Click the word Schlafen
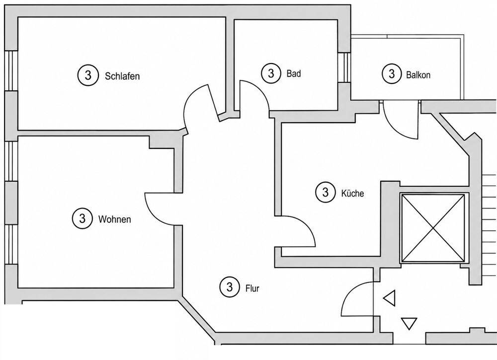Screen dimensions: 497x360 click(x=122, y=76)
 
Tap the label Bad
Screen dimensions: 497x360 click(x=294, y=73)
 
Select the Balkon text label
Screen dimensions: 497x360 click(x=418, y=75)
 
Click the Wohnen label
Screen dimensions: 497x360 click(x=114, y=219)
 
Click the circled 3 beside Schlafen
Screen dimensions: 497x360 click(x=88, y=75)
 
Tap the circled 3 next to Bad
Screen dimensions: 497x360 click(x=271, y=73)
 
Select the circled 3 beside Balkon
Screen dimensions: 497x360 click(x=392, y=73)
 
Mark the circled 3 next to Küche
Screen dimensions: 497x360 click(x=326, y=192)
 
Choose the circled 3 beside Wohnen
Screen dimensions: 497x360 click(x=83, y=218)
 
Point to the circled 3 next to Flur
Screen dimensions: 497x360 click(x=230, y=287)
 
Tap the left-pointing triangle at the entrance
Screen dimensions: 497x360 click(x=389, y=298)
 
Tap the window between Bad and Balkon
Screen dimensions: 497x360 click(x=344, y=68)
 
